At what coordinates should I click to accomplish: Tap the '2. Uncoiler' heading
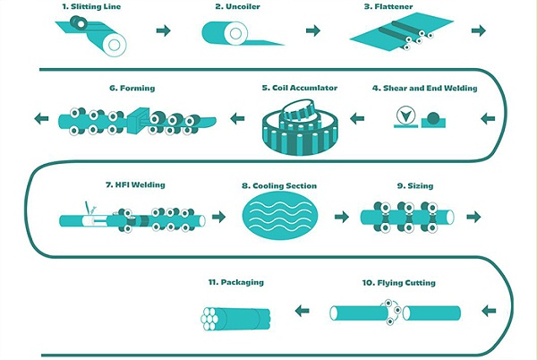pyautogui.click(x=237, y=6)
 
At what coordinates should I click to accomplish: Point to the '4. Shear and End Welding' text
pyautogui.click(x=425, y=88)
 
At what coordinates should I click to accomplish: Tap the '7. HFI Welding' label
pyautogui.click(x=135, y=185)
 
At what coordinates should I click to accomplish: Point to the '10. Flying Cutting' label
pyautogui.click(x=399, y=283)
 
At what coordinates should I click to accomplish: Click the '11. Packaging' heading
pyautogui.click(x=235, y=282)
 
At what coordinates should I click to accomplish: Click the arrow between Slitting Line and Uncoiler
pyautogui.click(x=163, y=31)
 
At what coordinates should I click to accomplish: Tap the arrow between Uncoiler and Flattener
pyautogui.click(x=313, y=31)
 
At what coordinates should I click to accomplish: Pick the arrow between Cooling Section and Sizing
pyautogui.click(x=340, y=216)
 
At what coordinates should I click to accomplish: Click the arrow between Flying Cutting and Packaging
pyautogui.click(x=303, y=312)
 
